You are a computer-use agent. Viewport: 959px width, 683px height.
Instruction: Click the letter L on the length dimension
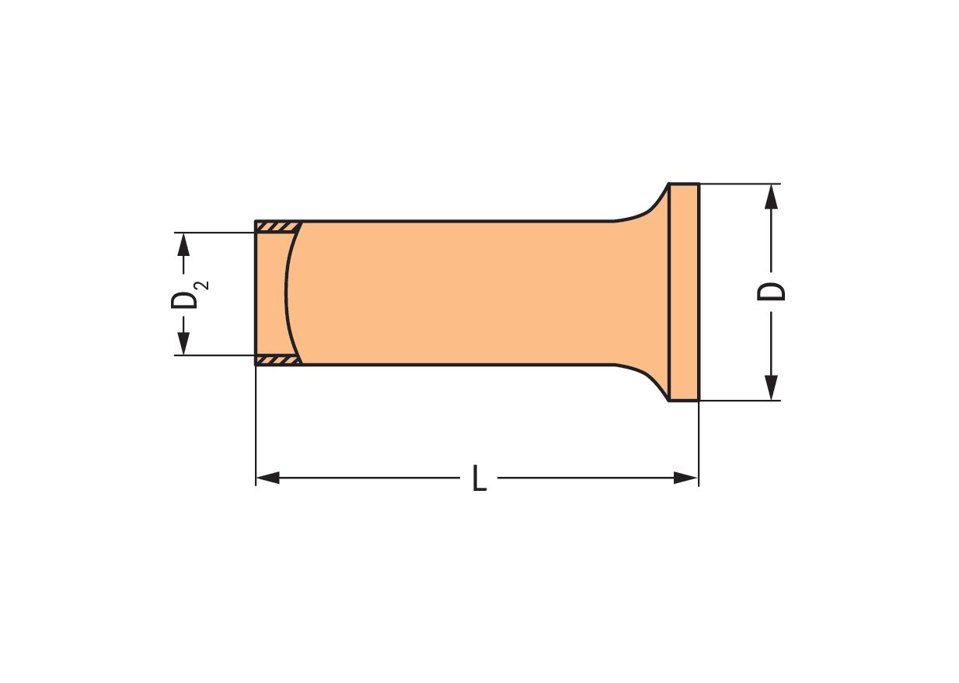(x=479, y=478)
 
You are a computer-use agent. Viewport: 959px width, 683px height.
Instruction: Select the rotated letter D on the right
(x=772, y=292)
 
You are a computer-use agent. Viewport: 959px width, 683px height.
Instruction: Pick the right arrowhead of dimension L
(x=686, y=478)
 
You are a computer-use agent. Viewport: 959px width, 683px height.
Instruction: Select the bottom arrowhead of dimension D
(x=771, y=387)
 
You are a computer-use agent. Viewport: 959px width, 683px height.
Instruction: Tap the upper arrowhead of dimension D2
(x=183, y=244)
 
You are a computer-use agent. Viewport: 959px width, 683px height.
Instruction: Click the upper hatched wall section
(x=277, y=227)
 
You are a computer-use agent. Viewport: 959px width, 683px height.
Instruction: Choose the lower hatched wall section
(x=277, y=360)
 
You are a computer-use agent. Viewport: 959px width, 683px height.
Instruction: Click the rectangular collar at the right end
(x=684, y=292)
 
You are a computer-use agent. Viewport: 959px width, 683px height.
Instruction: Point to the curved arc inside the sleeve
(x=287, y=292)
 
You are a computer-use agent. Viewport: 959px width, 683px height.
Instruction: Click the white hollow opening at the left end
(x=270, y=292)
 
